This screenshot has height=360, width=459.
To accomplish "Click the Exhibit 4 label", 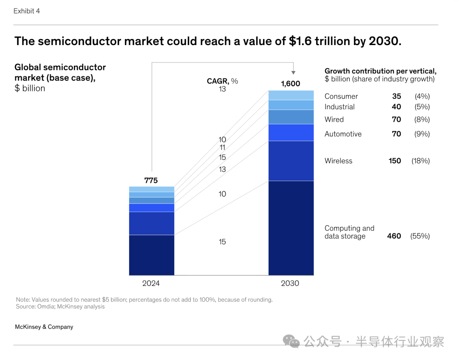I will click(x=26, y=11).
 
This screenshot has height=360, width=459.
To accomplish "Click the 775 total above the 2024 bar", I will click(x=151, y=180).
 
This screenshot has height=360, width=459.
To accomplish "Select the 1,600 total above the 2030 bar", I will click(x=290, y=84).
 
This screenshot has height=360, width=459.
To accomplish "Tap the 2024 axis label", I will click(x=151, y=283).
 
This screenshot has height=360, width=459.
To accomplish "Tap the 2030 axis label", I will click(x=290, y=283).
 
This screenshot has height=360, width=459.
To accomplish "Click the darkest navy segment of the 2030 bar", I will click(x=291, y=228).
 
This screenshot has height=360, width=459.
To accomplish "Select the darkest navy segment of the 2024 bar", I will click(x=151, y=255).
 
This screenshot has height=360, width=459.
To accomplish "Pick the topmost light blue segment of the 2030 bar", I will click(x=291, y=95).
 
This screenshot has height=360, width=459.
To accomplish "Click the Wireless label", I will click(x=338, y=161).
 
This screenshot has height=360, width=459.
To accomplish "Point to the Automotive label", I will click(x=343, y=134).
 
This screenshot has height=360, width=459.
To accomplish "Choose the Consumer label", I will click(x=341, y=96).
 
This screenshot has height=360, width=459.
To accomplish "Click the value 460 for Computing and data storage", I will click(x=394, y=236).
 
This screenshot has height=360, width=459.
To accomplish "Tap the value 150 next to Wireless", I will click(x=395, y=161).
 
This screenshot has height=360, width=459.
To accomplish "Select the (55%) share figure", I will click(x=420, y=236).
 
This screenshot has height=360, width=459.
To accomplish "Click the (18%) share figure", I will click(x=420, y=161).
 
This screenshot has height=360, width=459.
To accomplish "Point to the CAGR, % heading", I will click(x=222, y=81).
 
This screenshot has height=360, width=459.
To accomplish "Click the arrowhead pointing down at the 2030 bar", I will click(x=293, y=73).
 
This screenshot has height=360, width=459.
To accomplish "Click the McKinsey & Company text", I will click(x=44, y=327).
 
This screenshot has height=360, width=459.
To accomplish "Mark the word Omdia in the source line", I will click(x=45, y=306).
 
